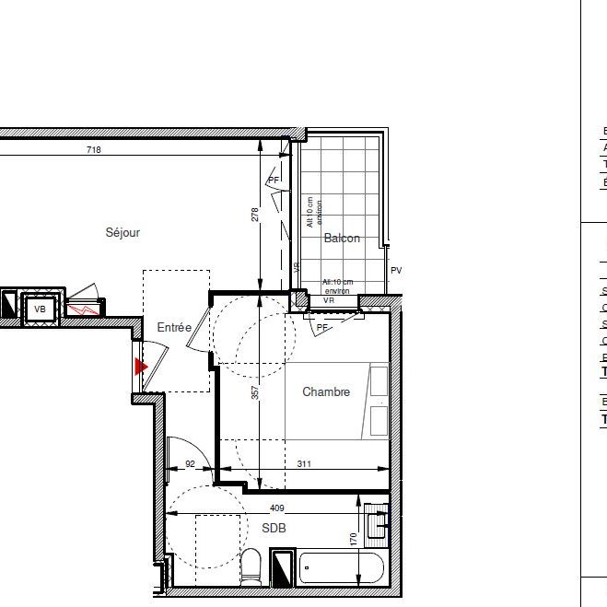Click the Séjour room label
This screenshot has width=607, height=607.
pos(123,233)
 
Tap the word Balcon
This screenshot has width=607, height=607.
pos(342,239)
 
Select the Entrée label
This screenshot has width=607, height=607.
pos(174,327)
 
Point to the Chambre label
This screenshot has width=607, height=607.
pos(326,392)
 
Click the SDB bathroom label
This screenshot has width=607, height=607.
pos(274,529)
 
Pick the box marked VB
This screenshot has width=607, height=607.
pos(40,309)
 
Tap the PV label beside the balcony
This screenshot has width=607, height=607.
pos(396,271)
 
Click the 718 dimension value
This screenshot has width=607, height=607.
pos(93,150)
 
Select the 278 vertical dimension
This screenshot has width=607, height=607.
pos(256,216)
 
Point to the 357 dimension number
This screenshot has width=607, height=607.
pos(256,392)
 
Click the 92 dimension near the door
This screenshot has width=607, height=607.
pos(191,465)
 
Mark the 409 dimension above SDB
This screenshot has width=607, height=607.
pos(277,508)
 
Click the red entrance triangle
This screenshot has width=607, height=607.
pos(141,367)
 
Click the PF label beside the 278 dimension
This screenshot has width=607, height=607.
pos(274,180)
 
